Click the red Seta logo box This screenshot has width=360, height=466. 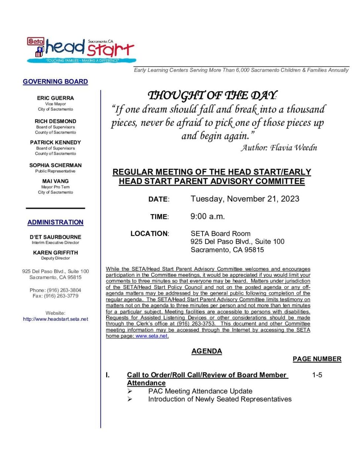pyautogui.click(x=35, y=41)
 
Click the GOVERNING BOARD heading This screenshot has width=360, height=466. pyautogui.click(x=55, y=82)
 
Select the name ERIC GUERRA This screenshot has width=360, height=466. pyautogui.click(x=55, y=98)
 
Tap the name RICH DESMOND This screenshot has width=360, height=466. pyautogui.click(x=55, y=121)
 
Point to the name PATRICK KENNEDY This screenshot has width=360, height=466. pyautogui.click(x=55, y=142)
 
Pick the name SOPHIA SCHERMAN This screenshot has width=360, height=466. pyautogui.click(x=55, y=165)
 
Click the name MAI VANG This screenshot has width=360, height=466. pyautogui.click(x=55, y=181)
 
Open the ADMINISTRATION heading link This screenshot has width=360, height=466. pyautogui.click(x=55, y=222)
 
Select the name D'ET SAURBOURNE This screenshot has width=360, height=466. pyautogui.click(x=55, y=237)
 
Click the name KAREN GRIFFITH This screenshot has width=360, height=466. pyautogui.click(x=55, y=253)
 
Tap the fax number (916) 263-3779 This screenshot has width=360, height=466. pyautogui.click(x=61, y=296)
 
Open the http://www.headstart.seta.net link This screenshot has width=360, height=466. pyautogui.click(x=55, y=319)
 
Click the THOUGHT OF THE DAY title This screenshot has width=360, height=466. pyautogui.click(x=212, y=96)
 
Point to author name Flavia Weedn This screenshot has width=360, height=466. pyautogui.click(x=293, y=148)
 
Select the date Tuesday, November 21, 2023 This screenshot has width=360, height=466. pyautogui.click(x=245, y=199)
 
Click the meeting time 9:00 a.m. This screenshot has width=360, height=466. pyautogui.click(x=207, y=217)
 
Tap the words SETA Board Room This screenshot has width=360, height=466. pyautogui.click(x=220, y=234)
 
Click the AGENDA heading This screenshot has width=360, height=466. pyautogui.click(x=207, y=351)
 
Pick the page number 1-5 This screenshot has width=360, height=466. pyautogui.click(x=317, y=375)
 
